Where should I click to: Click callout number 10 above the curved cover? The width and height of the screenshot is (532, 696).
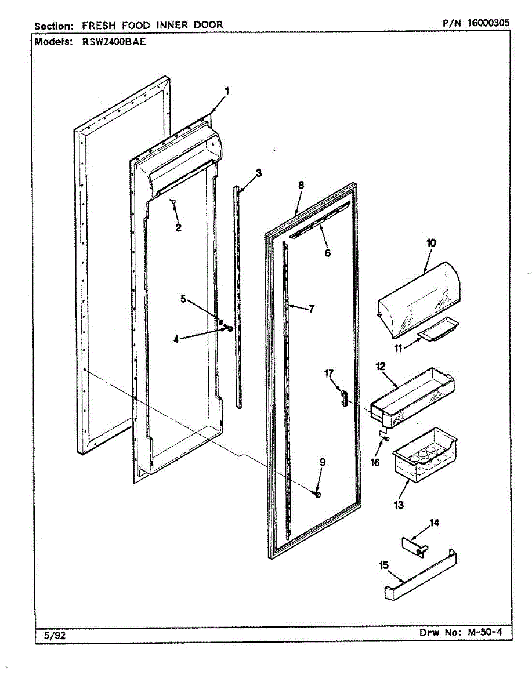point(431,243)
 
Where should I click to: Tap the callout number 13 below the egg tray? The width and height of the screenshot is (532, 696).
point(399,505)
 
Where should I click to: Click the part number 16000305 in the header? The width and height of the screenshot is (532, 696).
point(488,23)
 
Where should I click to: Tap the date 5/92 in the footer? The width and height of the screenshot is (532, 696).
point(55,635)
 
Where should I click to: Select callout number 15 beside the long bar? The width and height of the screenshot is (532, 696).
point(384,565)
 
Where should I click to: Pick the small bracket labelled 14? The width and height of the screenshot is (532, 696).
point(414,545)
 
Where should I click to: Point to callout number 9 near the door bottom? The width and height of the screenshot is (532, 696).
point(323,462)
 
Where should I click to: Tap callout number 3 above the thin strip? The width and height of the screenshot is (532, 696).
point(258,172)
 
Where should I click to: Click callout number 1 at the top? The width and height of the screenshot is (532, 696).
point(227,90)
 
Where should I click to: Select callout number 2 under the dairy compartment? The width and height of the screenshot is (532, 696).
point(178,228)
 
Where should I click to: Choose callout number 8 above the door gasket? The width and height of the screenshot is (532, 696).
point(301,185)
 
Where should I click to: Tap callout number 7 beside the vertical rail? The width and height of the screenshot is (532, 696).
point(312,309)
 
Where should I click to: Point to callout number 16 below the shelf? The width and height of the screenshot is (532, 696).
point(375,462)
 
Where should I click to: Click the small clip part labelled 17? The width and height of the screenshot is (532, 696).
point(343,398)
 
